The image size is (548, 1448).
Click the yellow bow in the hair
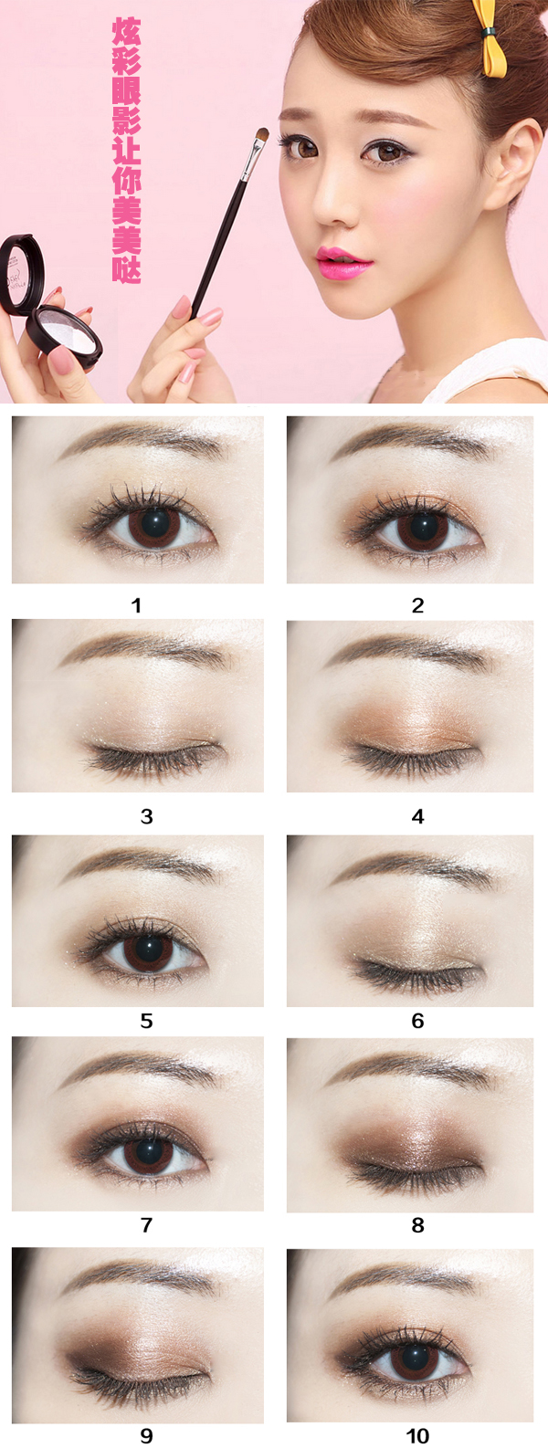[490, 37]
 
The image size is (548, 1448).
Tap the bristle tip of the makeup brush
[263, 132]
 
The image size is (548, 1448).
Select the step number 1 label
[136, 605]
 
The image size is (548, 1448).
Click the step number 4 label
[418, 816]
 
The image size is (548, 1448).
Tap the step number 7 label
[146, 1224]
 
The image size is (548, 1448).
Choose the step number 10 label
[417, 1436]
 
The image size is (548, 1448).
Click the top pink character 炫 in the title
[126, 31]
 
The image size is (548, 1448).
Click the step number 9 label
[146, 1436]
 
